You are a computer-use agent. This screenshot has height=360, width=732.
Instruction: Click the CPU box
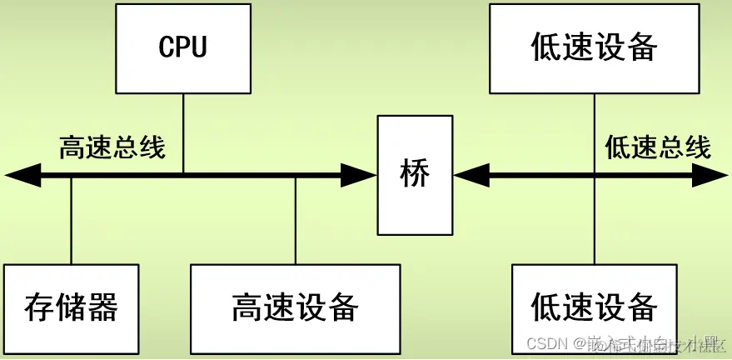click(182, 47)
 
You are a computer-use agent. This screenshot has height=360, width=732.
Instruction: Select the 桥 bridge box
click(416, 175)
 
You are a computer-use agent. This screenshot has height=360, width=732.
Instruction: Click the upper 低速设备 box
click(594, 47)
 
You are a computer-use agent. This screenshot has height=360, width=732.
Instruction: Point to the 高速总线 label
click(112, 147)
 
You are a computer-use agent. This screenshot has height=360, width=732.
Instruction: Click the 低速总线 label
click(658, 147)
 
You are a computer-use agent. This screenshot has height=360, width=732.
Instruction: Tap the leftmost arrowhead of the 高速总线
click(22, 175)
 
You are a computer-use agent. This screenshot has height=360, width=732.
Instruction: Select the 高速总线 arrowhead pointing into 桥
click(360, 175)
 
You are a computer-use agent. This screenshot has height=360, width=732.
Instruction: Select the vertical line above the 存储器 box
click(71, 221)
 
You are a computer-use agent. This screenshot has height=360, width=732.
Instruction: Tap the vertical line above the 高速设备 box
click(296, 221)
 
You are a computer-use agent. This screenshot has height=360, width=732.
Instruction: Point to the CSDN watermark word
click(545, 343)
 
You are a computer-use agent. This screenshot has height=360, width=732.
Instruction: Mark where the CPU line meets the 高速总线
click(182, 175)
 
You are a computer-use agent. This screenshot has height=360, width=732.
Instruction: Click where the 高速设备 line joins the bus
click(296, 176)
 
